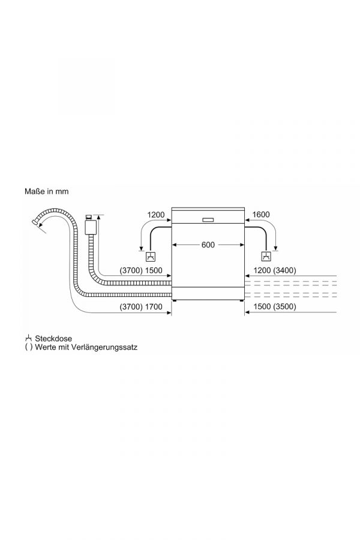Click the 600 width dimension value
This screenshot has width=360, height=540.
tap(208, 245)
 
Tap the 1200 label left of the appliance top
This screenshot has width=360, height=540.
tap(156, 215)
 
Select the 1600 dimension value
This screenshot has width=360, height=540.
tap(261, 215)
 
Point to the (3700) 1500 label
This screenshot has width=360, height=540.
tap(141, 271)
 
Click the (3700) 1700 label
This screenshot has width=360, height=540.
tap(141, 307)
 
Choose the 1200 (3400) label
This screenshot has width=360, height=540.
tap(275, 271)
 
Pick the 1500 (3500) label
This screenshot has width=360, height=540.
tap(275, 307)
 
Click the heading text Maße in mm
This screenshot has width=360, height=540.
tap(47, 191)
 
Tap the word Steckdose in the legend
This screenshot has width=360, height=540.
tap(53, 338)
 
